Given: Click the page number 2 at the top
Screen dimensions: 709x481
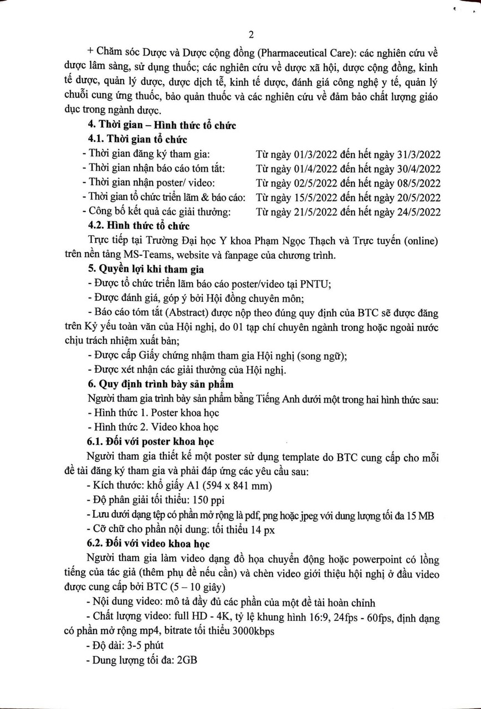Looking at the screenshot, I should (x=251, y=35).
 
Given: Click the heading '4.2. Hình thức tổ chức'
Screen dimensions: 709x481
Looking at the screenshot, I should (x=139, y=226).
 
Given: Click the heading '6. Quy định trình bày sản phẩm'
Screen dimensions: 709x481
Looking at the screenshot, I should (x=161, y=384).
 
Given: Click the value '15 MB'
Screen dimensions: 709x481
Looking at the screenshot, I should (x=420, y=515).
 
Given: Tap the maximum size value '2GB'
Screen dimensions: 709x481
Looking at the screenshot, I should (x=187, y=660).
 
